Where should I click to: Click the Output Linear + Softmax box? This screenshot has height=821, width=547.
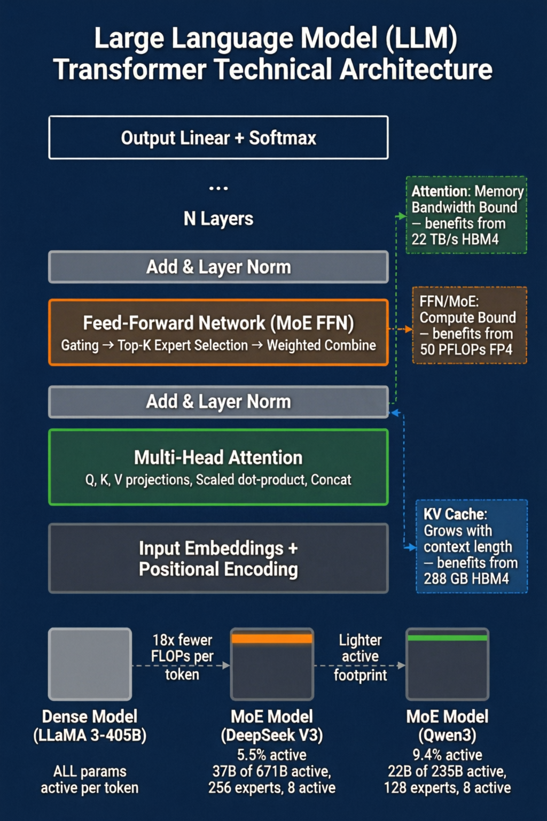(x=218, y=137)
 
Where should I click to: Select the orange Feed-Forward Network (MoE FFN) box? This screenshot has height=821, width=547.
(x=218, y=332)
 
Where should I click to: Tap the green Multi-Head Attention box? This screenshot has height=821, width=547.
(x=218, y=467)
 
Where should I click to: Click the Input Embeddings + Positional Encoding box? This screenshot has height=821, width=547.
(x=218, y=558)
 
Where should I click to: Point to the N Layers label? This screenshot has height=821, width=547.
(x=218, y=219)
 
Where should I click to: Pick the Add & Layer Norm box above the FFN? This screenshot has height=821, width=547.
(x=218, y=267)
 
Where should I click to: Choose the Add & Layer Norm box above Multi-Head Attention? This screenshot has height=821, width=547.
(x=218, y=402)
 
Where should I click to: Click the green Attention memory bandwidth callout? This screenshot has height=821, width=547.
(x=466, y=215)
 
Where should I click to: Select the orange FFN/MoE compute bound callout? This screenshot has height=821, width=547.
(x=470, y=326)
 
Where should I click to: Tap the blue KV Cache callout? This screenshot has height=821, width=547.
(x=472, y=546)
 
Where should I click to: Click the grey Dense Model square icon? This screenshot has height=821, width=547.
(x=90, y=664)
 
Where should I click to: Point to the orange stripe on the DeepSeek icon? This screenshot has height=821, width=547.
(x=272, y=639)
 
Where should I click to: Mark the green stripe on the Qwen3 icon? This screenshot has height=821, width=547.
(x=447, y=638)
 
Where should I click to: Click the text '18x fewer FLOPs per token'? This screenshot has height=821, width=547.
(x=182, y=657)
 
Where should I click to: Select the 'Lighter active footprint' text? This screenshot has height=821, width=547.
(x=360, y=657)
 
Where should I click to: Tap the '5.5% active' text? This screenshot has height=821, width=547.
(x=272, y=755)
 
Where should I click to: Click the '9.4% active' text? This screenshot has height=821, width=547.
(x=447, y=755)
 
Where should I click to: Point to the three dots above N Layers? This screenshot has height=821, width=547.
(x=218, y=188)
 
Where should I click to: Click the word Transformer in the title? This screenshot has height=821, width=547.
(x=130, y=69)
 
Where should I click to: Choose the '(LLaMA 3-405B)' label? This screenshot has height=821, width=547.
(x=90, y=735)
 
